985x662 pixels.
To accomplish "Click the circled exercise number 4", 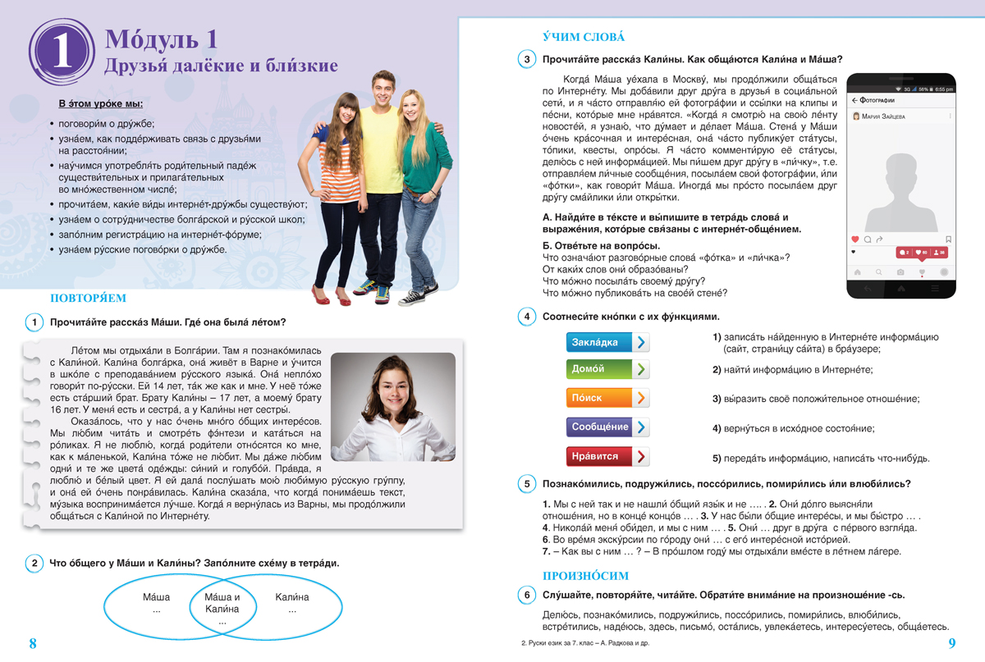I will [x=525, y=317].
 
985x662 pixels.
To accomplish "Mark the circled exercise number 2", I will [x=34, y=563].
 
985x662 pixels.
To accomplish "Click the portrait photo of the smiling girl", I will [x=392, y=406].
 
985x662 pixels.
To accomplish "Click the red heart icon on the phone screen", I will [x=856, y=240].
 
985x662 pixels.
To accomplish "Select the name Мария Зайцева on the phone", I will [x=884, y=116].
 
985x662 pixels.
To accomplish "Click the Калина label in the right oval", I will [x=292, y=597].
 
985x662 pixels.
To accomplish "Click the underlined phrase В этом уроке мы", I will [x=101, y=103].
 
